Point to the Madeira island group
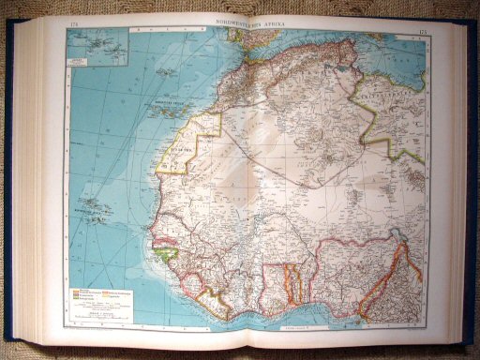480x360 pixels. point(165,72)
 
